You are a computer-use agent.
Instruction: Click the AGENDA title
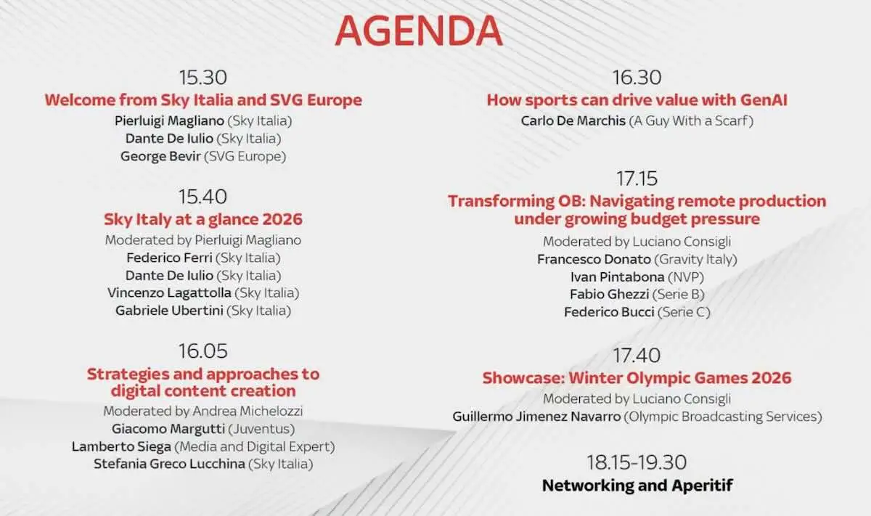pos(419,31)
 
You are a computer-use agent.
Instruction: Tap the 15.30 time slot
pos(203,78)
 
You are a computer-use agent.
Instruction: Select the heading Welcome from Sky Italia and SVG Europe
pos(203,99)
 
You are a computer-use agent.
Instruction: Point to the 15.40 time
pos(203,197)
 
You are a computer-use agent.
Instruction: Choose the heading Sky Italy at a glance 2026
pos(203,218)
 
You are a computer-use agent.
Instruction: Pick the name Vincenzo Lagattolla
pos(169,292)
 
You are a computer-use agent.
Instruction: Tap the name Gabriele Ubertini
pos(170,311)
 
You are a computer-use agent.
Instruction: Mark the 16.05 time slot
pos(203,351)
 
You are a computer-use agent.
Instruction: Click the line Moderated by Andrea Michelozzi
pos(203,411)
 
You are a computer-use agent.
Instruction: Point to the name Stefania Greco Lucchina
pos(169,464)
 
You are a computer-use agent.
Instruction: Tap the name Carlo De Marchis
pos(573,120)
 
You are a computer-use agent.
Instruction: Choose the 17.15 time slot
pos(637,179)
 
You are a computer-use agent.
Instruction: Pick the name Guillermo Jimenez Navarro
pos(536,417)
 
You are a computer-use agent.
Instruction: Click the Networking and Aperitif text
pos(637,485)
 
